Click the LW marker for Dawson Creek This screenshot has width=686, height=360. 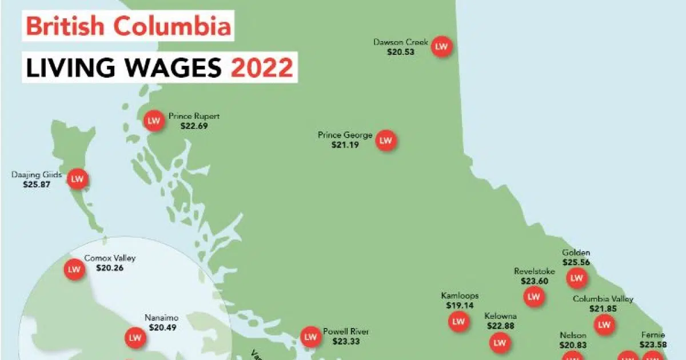(x=441, y=46)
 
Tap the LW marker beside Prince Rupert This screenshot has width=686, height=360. (x=153, y=121)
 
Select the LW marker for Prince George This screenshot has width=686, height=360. (x=386, y=139)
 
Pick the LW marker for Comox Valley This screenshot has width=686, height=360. (x=74, y=269)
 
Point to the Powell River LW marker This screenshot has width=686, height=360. (x=310, y=337)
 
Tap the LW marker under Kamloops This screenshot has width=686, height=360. (x=458, y=322)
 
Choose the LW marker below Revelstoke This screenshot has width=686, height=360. (x=534, y=297)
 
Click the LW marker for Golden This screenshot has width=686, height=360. (x=577, y=278)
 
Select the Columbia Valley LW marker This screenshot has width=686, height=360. (x=604, y=325)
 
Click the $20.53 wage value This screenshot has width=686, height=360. (x=400, y=51)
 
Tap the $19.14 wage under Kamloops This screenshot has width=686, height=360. (x=460, y=306)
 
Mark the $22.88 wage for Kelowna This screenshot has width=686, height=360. (x=501, y=326)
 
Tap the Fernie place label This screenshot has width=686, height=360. (x=652, y=335)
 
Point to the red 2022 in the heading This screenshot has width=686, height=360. (x=262, y=67)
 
